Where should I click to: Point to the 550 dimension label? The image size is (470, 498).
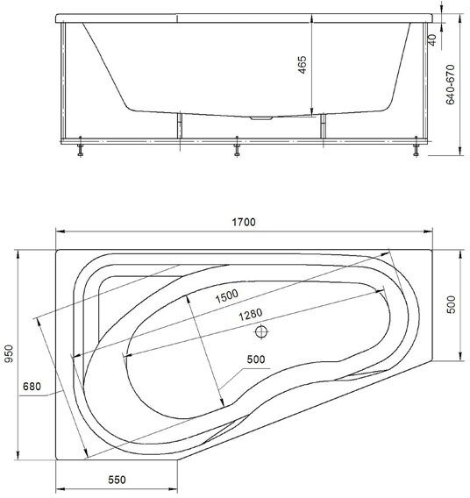pos(117,480)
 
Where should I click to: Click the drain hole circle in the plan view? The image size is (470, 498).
pos(260,332)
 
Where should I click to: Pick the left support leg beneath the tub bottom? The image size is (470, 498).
pos(179,126)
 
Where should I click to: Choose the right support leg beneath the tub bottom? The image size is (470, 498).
pos(323,126)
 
